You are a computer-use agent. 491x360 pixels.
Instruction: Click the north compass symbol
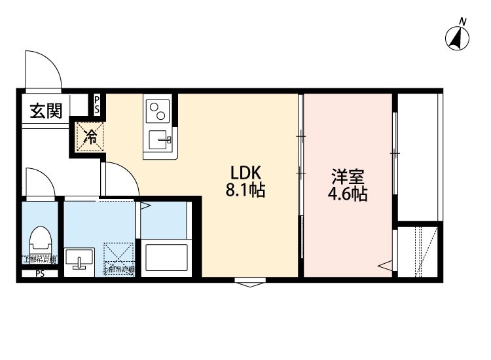(458, 39)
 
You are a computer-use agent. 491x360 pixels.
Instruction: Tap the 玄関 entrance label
(46, 111)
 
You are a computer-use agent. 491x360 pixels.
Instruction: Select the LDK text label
(245, 173)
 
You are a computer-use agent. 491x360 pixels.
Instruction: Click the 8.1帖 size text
(245, 192)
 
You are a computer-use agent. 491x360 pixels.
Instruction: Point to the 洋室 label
(348, 176)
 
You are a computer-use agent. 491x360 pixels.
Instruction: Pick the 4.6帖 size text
(348, 194)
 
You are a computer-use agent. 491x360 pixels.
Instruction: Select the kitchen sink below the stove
(159, 139)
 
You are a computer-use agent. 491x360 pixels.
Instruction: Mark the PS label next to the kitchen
(97, 105)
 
